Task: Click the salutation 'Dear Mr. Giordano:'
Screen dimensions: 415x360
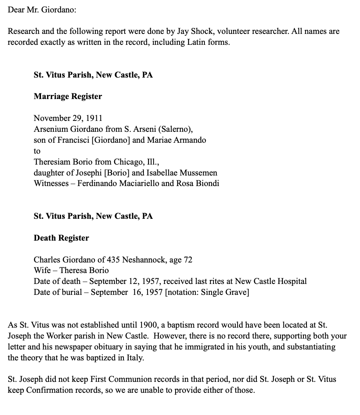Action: click(42, 10)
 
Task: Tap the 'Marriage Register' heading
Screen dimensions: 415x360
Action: click(68, 96)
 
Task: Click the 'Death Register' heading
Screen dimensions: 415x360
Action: click(61, 238)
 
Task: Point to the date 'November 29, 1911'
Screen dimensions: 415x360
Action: click(68, 118)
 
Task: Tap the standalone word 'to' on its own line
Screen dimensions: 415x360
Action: click(37, 151)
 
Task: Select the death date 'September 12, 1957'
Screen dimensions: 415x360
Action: click(123, 281)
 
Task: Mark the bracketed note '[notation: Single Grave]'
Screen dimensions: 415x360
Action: click(207, 292)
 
